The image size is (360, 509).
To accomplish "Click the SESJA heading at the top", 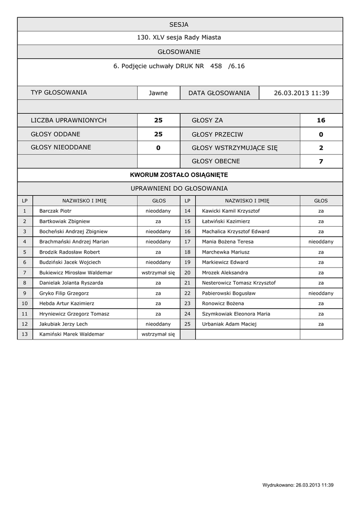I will (x=179, y=24).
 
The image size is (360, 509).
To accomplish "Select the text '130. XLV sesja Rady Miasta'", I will (x=179, y=38).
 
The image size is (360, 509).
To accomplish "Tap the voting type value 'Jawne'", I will (x=159, y=93).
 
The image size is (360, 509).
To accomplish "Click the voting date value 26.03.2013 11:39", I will (x=301, y=93).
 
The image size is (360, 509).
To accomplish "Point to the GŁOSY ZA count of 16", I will (x=321, y=120).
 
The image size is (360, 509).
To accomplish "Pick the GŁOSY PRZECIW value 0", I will (x=321, y=134).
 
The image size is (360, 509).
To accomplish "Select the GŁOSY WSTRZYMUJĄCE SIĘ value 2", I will (x=321, y=148).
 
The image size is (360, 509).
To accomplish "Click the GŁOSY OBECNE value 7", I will (x=321, y=161).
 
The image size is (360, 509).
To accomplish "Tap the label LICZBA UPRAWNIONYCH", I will (x=69, y=120).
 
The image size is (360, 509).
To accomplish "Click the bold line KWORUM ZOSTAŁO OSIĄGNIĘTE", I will (x=179, y=175).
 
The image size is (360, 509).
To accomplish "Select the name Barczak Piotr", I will (x=56, y=211).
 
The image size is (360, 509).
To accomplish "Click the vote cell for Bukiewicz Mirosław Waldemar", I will (x=158, y=273).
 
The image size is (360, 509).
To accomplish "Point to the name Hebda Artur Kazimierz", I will (x=67, y=303).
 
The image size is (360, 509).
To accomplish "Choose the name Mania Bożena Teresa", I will (x=228, y=242).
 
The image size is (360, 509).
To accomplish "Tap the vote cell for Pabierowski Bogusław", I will (x=321, y=293).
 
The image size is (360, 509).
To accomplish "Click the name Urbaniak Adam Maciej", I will (x=229, y=324).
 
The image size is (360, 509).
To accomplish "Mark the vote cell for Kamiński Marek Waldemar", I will (x=158, y=335).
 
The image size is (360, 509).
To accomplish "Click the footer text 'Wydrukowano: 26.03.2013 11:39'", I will (x=298, y=485).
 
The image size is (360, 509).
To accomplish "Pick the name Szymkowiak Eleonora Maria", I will (x=236, y=314).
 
